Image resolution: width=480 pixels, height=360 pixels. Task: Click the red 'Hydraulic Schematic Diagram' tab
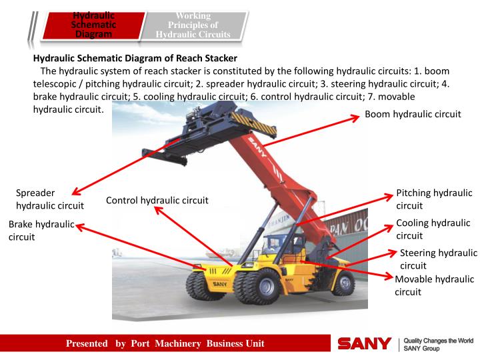[93, 25]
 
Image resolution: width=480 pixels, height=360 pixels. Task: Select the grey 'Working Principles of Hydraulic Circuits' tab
[193, 25]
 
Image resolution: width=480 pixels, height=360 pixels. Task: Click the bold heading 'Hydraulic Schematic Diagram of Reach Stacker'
[135, 59]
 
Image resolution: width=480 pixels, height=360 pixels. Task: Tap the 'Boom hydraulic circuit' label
[413, 114]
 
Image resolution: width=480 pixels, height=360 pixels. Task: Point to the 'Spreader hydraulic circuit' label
[50, 199]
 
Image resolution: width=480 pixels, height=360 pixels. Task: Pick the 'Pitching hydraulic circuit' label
[434, 199]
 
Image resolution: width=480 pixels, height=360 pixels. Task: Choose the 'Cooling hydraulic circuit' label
[433, 229]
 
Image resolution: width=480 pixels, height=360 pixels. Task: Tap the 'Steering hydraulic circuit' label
[438, 259]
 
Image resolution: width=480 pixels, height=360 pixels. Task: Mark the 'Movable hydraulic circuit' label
[434, 285]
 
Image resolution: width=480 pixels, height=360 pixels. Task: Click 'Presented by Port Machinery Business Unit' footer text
[165, 344]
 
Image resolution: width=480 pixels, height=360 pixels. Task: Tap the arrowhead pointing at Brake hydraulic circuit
[79, 226]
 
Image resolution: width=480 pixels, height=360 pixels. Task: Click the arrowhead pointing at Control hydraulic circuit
[157, 209]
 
